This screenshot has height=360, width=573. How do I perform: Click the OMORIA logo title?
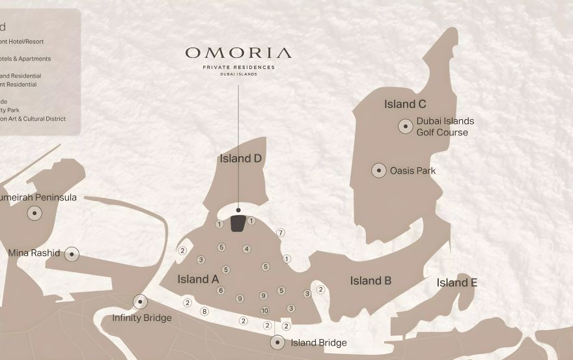(x=238, y=53)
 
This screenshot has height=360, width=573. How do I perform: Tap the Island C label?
(x=405, y=104)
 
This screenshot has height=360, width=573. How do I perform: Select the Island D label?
(x=240, y=158)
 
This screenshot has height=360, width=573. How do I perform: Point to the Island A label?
(x=198, y=279)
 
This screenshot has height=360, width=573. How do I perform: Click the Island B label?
(x=370, y=281)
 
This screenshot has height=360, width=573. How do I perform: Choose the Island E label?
(x=456, y=283)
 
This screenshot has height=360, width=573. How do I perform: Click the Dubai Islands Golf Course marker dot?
(x=406, y=126)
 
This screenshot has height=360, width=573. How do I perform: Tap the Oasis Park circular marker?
(x=379, y=171)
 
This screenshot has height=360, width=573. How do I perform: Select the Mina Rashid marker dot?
(x=72, y=254)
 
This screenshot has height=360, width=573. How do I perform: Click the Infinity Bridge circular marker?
(x=140, y=301)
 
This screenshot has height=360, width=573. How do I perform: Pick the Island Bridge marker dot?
(x=277, y=342)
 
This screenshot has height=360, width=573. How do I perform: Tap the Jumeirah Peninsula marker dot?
(x=34, y=213)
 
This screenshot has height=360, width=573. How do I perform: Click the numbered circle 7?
(x=281, y=232)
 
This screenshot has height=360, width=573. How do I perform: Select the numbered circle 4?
(x=246, y=249)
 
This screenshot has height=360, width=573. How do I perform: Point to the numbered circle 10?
(x=264, y=311)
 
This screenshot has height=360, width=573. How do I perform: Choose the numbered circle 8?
(x=204, y=311)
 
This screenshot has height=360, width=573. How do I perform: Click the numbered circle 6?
(x=221, y=290)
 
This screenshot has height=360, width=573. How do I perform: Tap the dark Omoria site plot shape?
(x=238, y=223)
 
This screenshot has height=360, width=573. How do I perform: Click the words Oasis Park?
(x=412, y=171)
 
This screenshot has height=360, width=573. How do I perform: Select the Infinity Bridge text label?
(x=142, y=318)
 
